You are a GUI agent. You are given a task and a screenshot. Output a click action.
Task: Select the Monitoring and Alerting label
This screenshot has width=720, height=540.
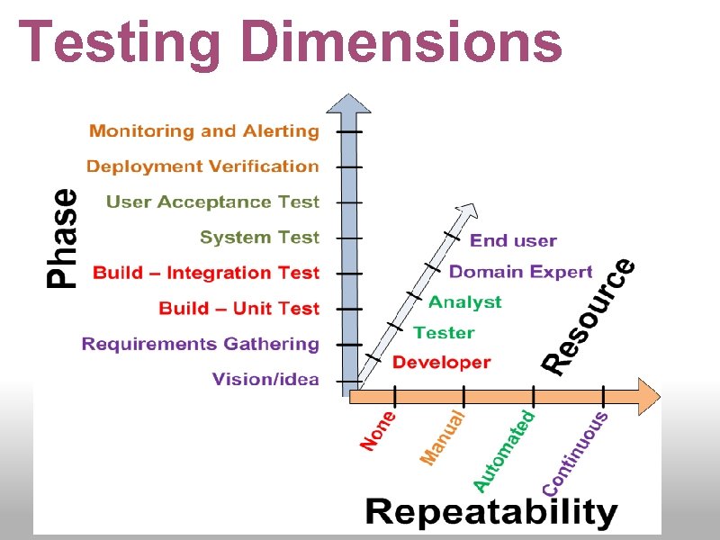point(204,131)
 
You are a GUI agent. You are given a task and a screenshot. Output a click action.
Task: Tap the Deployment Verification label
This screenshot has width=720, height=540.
point(202,166)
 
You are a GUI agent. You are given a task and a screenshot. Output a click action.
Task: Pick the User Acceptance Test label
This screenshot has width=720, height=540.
point(212,202)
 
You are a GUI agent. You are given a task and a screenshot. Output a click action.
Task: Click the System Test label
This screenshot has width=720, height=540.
point(259,238)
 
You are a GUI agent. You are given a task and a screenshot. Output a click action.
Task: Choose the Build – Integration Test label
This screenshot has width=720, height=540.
point(206,273)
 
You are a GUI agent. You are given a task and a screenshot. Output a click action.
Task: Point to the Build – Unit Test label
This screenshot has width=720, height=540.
point(238,309)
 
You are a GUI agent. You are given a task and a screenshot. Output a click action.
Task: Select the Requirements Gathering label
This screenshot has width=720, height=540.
point(201,344)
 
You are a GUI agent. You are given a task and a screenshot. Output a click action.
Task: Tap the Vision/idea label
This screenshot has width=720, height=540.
point(265,379)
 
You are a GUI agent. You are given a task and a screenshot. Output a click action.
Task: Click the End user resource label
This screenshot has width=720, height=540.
point(513,240)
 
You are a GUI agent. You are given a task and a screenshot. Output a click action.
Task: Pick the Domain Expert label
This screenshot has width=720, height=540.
point(520,271)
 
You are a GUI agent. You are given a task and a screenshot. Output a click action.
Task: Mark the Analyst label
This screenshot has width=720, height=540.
point(464,301)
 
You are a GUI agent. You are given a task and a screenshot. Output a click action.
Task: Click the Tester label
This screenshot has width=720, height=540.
point(444,332)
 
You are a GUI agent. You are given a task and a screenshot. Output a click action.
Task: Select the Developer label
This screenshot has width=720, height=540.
point(442,363)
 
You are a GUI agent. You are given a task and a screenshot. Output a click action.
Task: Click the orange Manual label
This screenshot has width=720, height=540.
point(443,436)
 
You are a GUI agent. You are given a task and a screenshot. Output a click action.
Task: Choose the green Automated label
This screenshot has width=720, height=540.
point(504,450)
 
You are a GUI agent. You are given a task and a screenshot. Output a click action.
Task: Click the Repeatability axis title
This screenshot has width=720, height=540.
point(491,512)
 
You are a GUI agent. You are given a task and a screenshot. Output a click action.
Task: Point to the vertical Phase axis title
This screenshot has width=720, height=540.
point(61,238)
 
